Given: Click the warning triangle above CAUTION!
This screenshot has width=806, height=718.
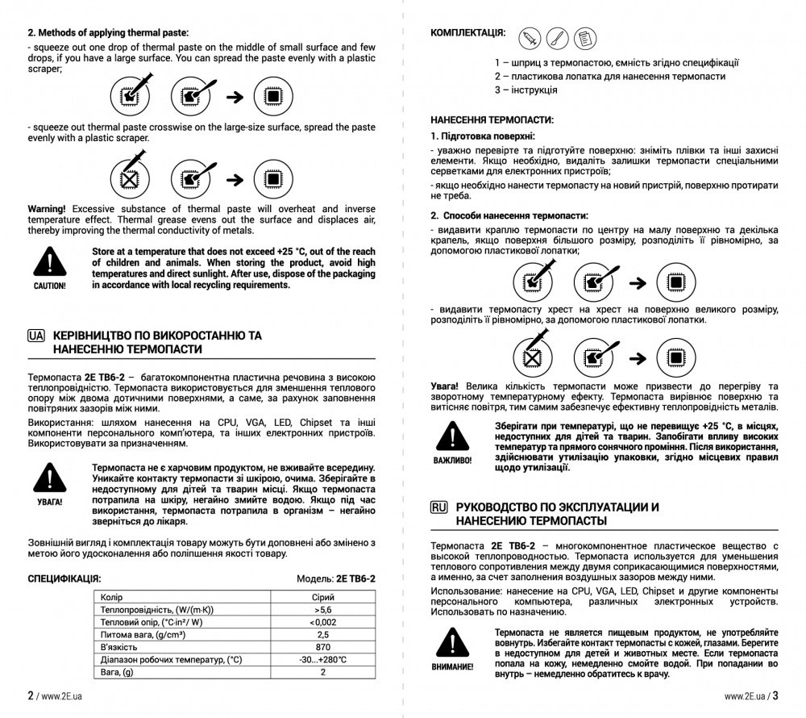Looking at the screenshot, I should pos(50,261).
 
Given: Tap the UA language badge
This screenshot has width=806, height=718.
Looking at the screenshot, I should pos(35,335).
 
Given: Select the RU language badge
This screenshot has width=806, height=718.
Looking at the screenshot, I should pos(439,507).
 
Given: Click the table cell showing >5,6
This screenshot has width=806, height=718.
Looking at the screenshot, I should pos(323,610).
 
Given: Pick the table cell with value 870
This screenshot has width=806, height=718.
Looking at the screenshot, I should pos(323,647).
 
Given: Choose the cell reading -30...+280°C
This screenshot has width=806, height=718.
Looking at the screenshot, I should pos(323,660).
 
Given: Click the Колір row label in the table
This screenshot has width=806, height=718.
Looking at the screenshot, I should pos(112,598).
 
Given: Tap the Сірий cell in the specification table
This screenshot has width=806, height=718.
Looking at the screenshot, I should pos(323,598).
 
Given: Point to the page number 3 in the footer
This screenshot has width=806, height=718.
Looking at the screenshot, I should pos(775,695).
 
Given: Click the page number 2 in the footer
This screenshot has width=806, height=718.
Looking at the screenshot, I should pos(31,695).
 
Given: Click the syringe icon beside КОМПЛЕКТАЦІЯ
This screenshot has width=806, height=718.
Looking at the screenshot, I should pos(530,37).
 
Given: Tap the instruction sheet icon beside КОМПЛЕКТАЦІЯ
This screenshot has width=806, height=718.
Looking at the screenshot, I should pos(587,37).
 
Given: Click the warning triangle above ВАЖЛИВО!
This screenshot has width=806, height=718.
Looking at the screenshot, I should pos(453,436).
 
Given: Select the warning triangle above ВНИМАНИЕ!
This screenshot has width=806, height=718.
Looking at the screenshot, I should pos(453,643).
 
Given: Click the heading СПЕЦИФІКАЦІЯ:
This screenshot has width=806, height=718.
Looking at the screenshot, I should pos(64,578).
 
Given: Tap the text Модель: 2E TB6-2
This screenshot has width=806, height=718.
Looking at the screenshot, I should pos(336,578).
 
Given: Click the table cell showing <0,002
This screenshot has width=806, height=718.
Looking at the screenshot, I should pos(323,622).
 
